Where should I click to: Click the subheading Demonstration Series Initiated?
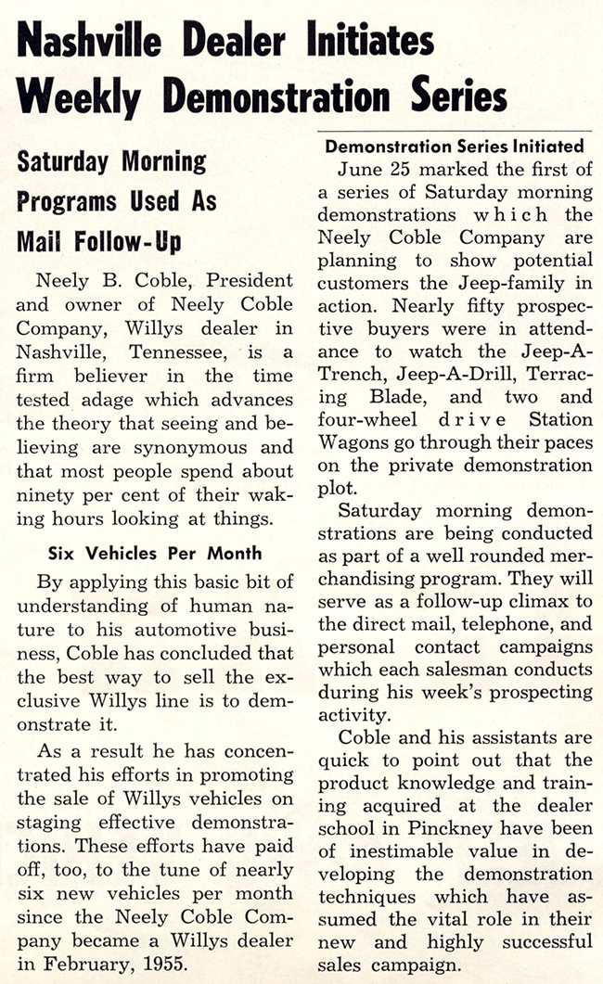[x=455, y=146]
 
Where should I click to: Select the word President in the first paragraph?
[x=247, y=279]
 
